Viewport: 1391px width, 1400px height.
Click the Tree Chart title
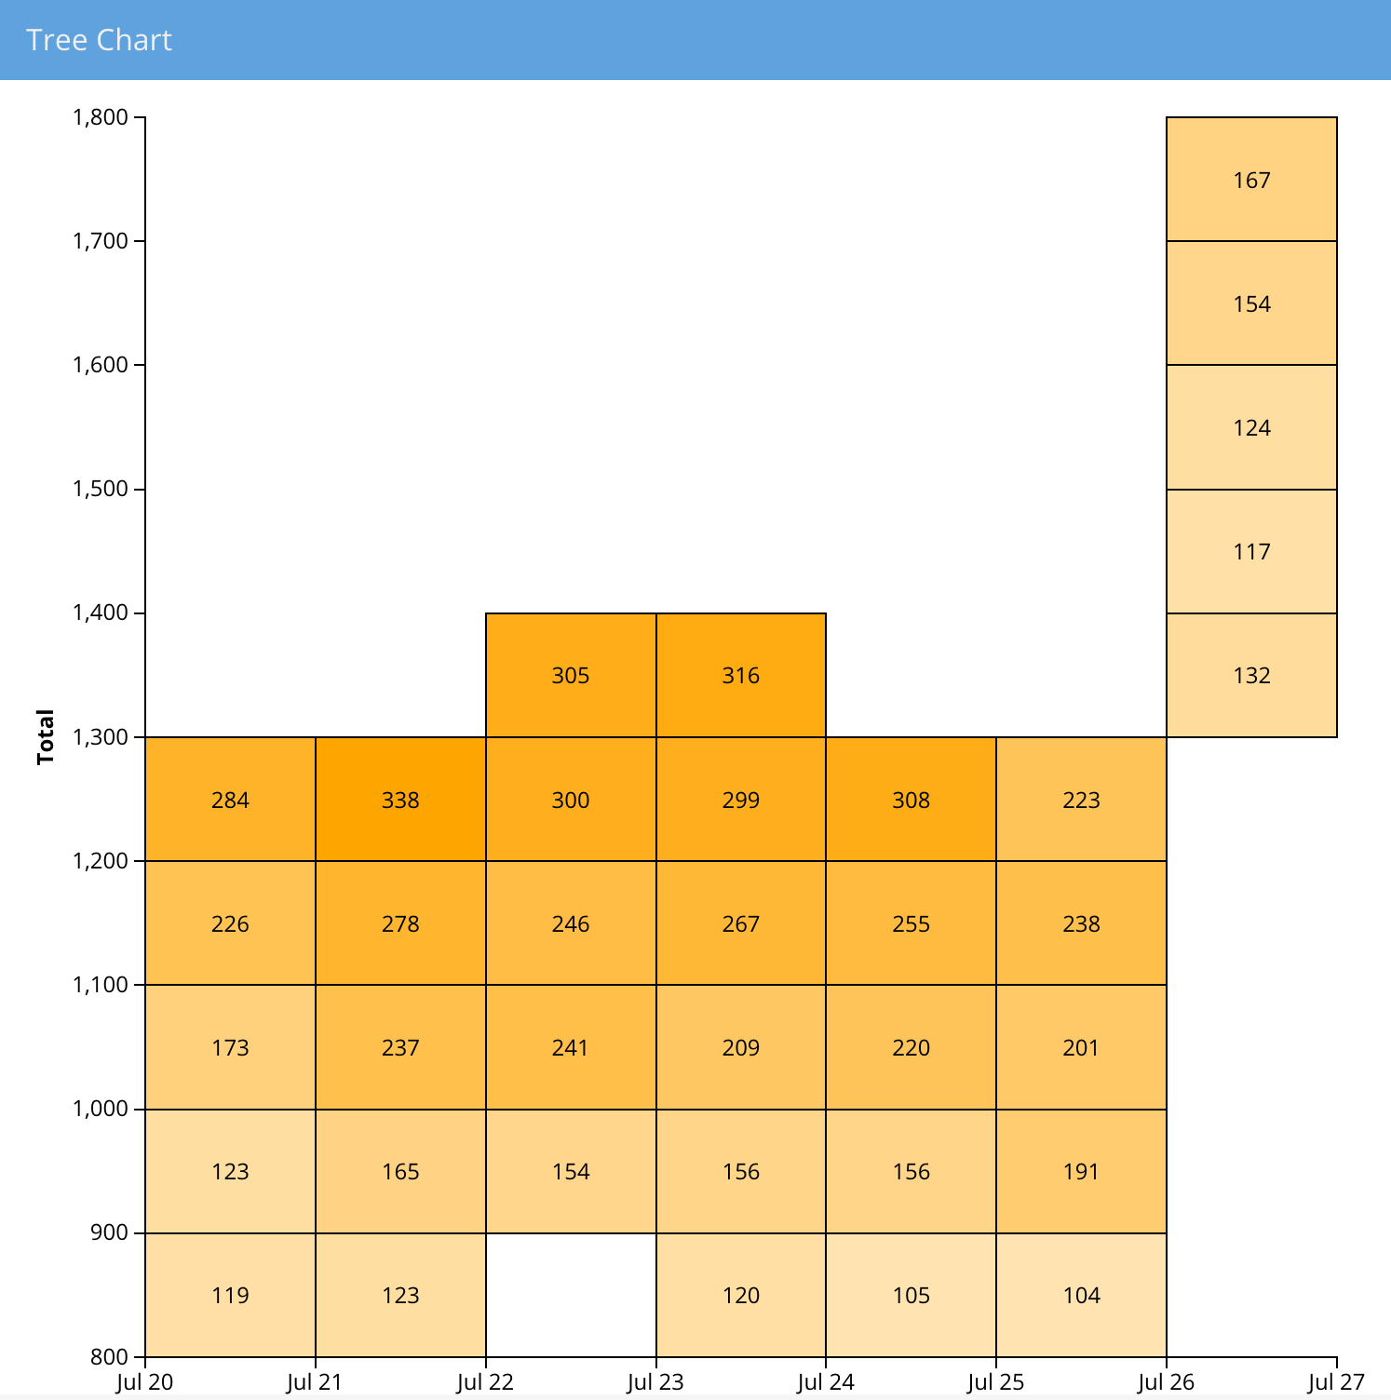tap(99, 40)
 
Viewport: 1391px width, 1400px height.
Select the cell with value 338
tap(400, 800)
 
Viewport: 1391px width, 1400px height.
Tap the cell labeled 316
tap(741, 676)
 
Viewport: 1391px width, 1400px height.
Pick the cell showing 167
tap(1251, 180)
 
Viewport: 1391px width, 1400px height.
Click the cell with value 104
tap(1081, 1295)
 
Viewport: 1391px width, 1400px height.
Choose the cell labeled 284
tap(230, 800)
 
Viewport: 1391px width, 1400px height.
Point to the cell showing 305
tap(571, 676)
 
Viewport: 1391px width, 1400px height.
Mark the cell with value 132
tap(1251, 676)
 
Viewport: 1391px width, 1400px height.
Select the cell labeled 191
tap(1081, 1171)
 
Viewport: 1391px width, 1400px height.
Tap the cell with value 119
tap(230, 1295)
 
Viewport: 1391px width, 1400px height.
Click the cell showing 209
tap(741, 1047)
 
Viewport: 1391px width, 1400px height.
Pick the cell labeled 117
tap(1251, 552)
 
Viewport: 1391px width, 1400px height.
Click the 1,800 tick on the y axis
tap(100, 117)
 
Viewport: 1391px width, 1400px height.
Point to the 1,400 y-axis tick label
tap(100, 613)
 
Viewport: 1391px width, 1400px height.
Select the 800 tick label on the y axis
tap(110, 1357)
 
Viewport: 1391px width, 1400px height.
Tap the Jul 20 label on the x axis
tap(145, 1382)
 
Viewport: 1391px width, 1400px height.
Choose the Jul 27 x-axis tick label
tap(1336, 1382)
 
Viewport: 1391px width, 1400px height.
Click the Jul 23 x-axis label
tap(655, 1382)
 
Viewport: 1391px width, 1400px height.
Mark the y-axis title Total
tap(46, 737)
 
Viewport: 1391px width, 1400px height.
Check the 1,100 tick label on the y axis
tap(100, 985)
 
